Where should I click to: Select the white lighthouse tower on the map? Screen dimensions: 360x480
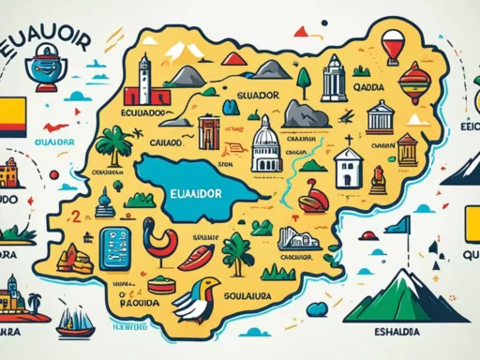tap(143, 80)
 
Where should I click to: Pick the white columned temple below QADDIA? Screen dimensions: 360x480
tap(379, 117)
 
